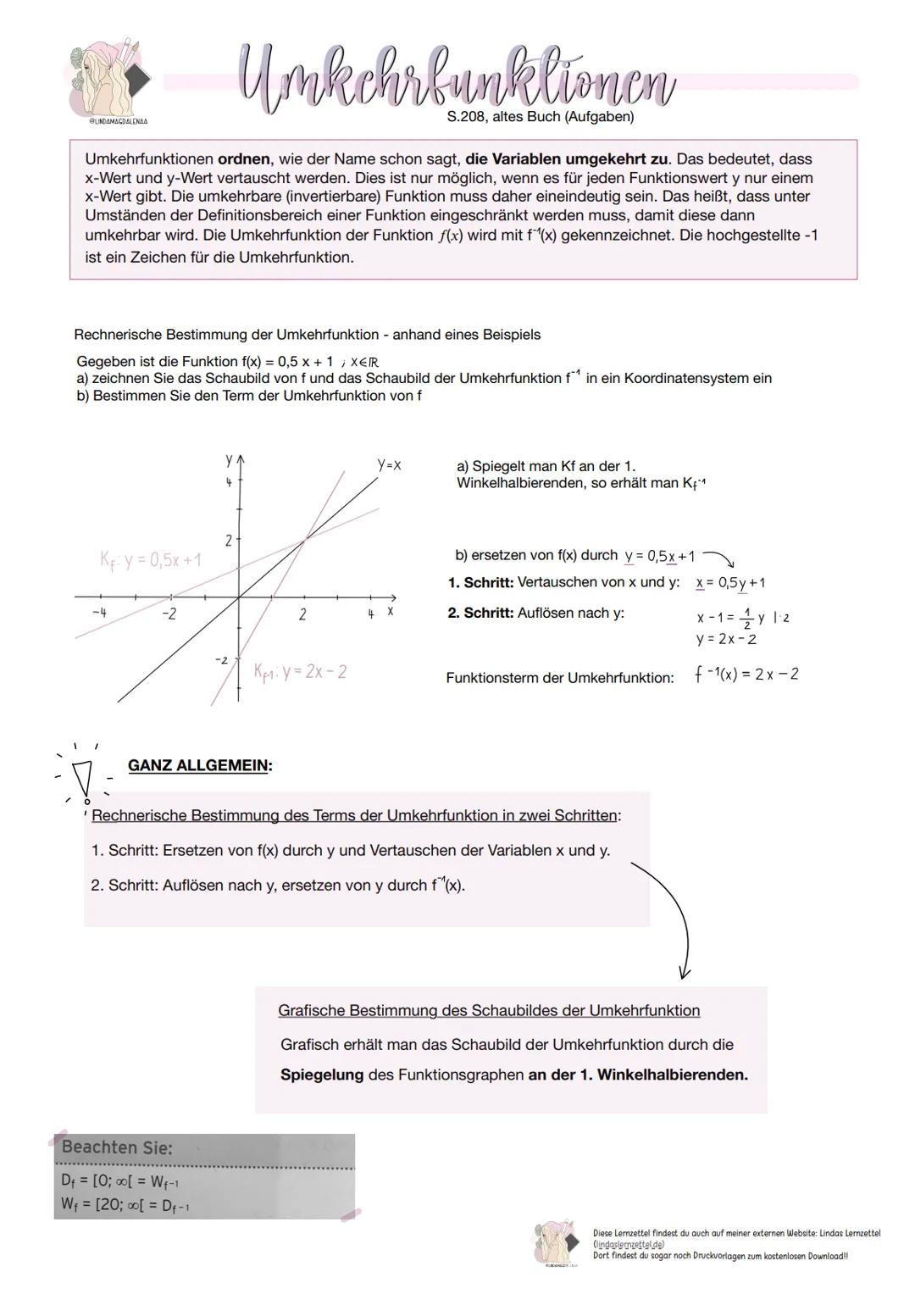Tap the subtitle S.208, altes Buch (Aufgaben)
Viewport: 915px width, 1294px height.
(x=540, y=117)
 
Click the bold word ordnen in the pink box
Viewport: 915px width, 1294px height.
(x=243, y=159)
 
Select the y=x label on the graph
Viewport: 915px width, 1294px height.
(x=389, y=465)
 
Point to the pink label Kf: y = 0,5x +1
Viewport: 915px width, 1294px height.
(x=151, y=560)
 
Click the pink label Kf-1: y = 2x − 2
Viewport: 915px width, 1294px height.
(x=300, y=672)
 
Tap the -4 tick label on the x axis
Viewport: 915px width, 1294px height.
(x=100, y=613)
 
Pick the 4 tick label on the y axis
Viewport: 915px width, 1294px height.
(x=228, y=482)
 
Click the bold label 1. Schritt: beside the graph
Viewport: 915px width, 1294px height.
(x=480, y=583)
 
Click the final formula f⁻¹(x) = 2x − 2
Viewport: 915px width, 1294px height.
(x=746, y=675)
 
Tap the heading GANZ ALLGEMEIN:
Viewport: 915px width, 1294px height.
(x=200, y=766)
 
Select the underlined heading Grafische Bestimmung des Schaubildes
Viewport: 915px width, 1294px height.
(x=489, y=1011)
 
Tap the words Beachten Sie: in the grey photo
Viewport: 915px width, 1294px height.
(x=117, y=1148)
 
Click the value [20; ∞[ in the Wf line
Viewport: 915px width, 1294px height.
(x=121, y=1205)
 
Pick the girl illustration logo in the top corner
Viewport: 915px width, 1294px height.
(x=110, y=78)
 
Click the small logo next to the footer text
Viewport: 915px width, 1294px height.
(x=557, y=1242)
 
